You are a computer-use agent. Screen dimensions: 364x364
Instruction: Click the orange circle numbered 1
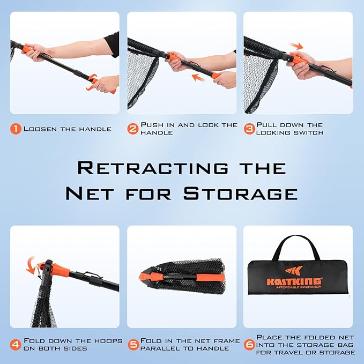[16, 129]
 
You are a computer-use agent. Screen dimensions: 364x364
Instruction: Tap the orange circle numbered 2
[133, 129]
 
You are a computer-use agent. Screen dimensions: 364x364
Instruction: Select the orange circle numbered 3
[249, 129]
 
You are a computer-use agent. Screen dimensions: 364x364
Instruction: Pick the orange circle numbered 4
[16, 345]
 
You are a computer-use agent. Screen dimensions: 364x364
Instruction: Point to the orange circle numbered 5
[133, 345]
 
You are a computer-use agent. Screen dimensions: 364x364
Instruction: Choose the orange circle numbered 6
[250, 345]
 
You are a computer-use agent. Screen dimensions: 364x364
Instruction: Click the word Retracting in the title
[153, 168]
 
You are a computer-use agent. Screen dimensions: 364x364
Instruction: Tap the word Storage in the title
[241, 194]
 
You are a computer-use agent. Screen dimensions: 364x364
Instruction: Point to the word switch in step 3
[309, 133]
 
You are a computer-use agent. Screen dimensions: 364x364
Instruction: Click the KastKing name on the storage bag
[294, 281]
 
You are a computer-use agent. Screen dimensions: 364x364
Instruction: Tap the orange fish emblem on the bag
[294, 270]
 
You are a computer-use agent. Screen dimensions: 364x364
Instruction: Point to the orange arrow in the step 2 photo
[199, 78]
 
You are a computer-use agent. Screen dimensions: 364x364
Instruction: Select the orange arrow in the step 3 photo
[296, 46]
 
